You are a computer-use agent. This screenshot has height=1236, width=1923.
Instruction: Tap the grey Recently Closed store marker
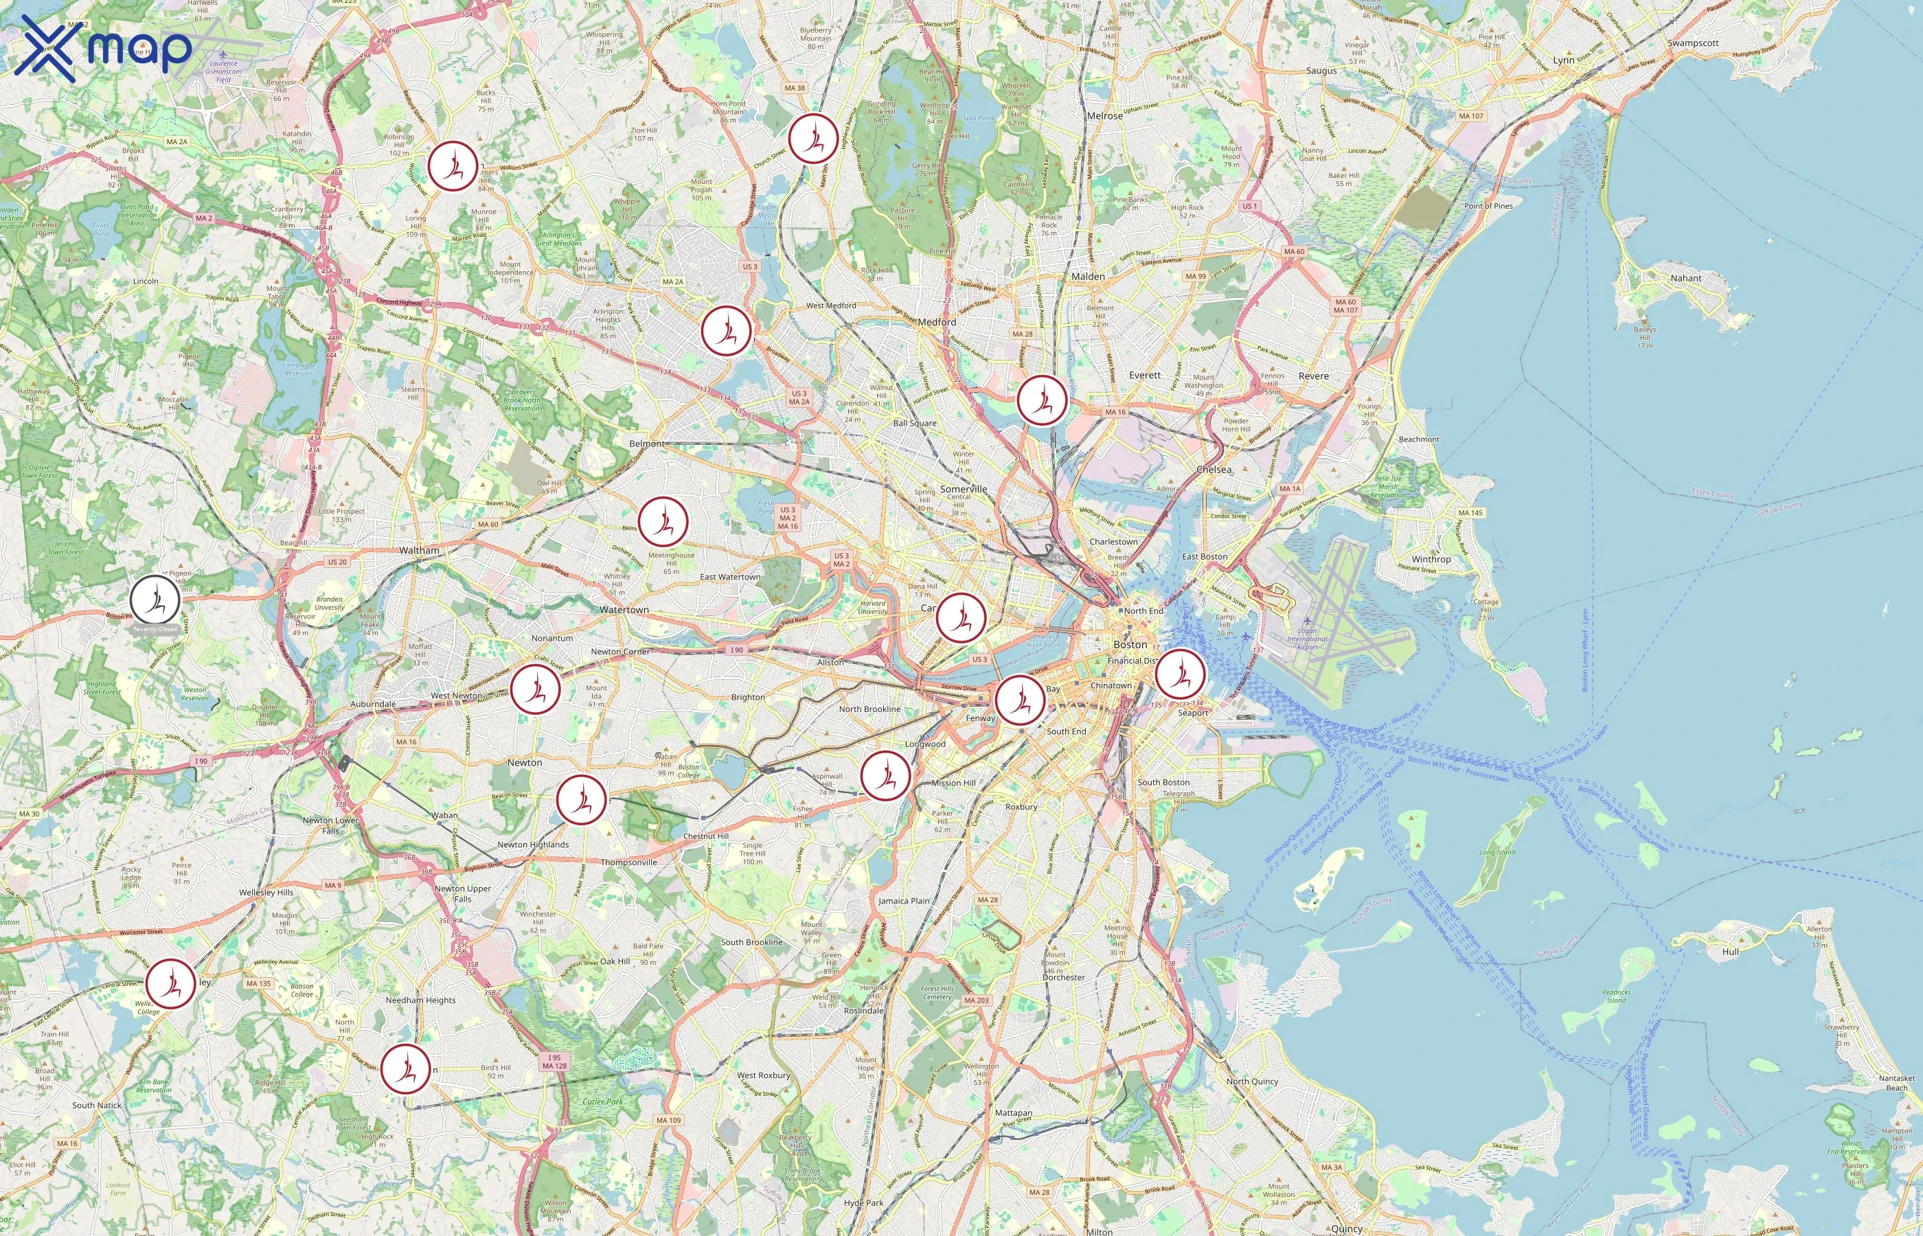(155, 599)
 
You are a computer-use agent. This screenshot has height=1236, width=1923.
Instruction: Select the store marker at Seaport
(1180, 674)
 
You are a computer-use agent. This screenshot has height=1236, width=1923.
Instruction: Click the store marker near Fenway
(1019, 700)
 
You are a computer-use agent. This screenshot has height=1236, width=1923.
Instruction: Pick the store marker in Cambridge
(961, 617)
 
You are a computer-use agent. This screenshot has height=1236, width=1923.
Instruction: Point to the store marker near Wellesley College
(170, 983)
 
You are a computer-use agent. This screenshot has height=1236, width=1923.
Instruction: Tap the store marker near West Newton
(535, 689)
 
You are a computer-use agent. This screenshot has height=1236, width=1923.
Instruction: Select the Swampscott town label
(1693, 43)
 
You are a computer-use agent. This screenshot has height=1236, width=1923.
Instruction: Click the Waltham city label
(419, 551)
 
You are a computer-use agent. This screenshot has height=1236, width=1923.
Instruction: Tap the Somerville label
(963, 489)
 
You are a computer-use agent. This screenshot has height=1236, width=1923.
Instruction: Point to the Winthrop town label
(1431, 560)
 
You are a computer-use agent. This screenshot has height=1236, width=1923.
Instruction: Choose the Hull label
(1731, 952)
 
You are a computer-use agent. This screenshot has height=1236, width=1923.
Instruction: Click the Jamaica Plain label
(904, 900)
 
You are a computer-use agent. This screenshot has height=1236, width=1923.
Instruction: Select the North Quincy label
(1252, 1081)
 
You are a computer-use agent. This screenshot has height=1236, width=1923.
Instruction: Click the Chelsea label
(1214, 470)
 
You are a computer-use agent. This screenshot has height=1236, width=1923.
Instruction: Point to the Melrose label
(1104, 115)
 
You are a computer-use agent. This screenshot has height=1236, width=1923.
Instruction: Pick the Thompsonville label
(628, 862)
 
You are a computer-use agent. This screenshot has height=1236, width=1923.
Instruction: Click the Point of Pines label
(1488, 206)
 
